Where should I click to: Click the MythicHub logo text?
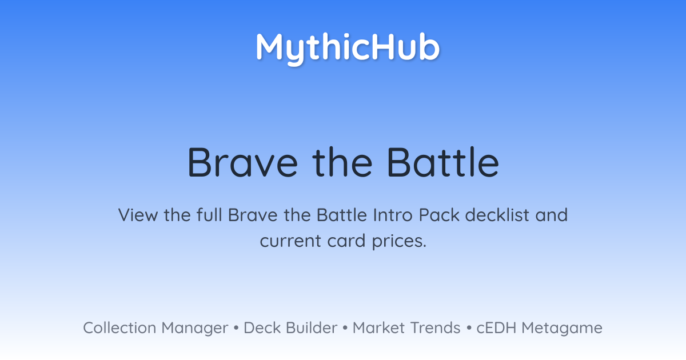[348, 49]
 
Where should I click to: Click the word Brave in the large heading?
[242, 162]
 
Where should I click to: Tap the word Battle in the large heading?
[443, 162]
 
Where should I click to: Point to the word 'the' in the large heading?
[342, 162]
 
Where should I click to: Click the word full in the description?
[209, 215]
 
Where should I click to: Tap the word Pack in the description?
[439, 215]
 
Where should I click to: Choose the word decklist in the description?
[497, 215]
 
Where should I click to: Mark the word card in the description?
[346, 241]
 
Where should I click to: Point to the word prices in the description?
[399, 242]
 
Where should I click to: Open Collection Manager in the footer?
[155, 328]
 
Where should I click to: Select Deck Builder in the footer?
[290, 327]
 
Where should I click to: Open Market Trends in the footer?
[406, 327]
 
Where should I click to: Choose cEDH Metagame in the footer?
[539, 328]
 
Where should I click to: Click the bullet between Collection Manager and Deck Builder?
[236, 328]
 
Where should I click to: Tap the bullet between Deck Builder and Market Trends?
[345, 328]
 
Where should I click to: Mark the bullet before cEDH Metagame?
[469, 328]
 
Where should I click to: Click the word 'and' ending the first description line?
[552, 215]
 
